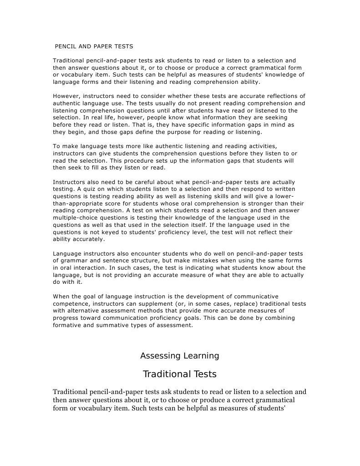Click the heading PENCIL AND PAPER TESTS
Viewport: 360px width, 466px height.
pyautogui.click(x=94, y=46)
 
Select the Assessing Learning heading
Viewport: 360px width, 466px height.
pyautogui.click(x=179, y=356)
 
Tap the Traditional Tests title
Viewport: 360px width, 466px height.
pyautogui.click(x=179, y=374)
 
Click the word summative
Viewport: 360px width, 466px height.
pyautogui.click(x=117, y=325)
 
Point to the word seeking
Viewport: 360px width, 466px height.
pyautogui.click(x=274, y=118)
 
